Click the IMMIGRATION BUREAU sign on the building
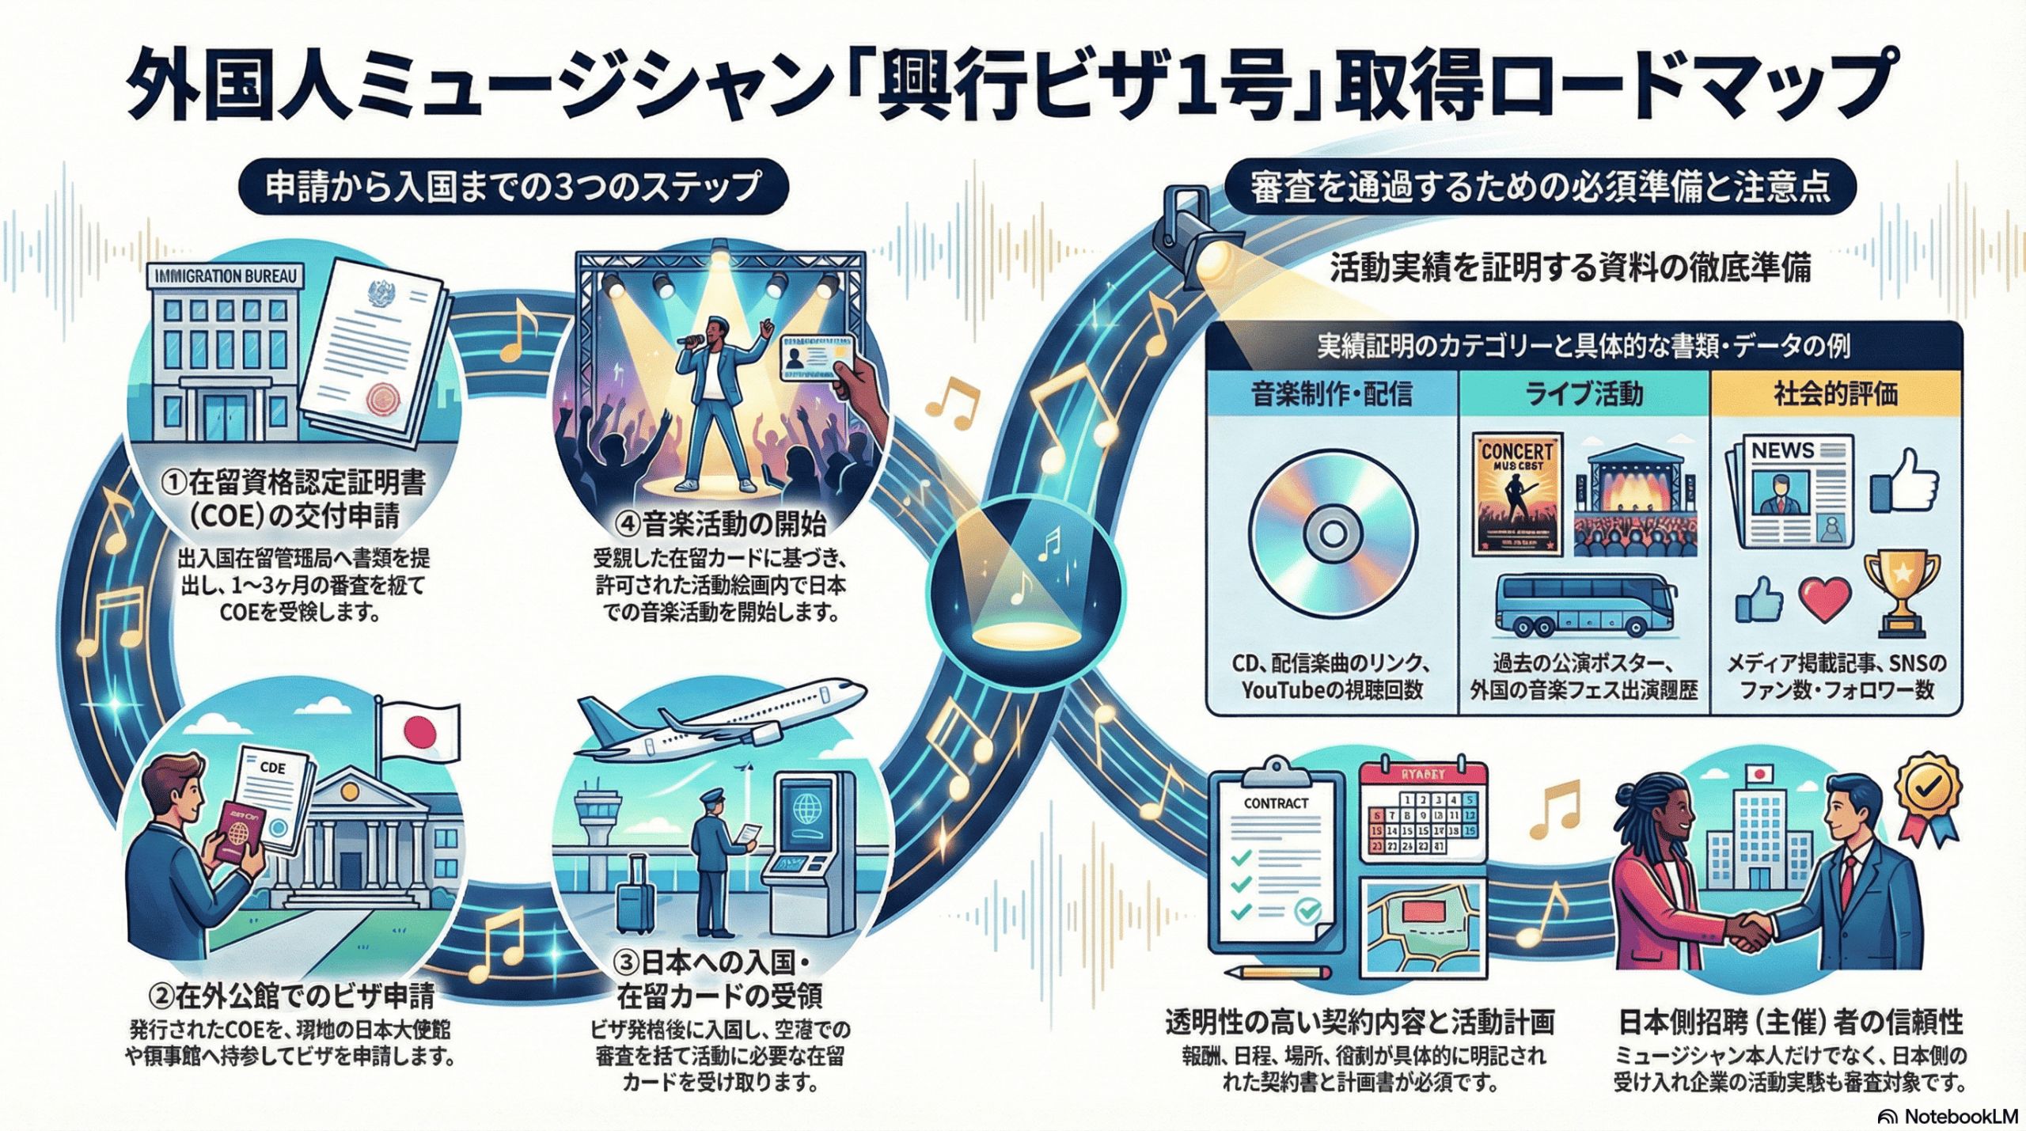point(226,276)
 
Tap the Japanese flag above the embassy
point(419,731)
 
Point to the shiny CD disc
point(1333,533)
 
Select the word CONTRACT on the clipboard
point(1276,803)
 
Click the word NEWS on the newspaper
point(1782,450)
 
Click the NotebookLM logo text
point(1960,1116)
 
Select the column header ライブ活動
point(1584,394)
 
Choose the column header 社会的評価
point(1836,394)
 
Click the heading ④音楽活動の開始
point(723,523)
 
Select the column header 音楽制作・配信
point(1332,394)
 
